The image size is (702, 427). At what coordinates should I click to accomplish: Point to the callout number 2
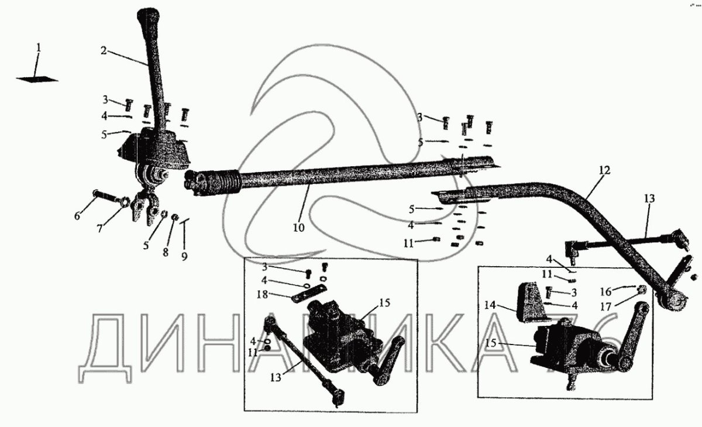(103, 51)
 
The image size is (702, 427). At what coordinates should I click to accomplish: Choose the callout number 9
(184, 256)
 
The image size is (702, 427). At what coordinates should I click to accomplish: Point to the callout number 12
(604, 170)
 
